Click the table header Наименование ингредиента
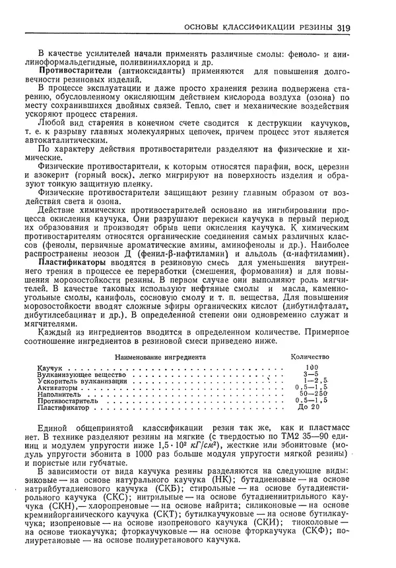[160, 356]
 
